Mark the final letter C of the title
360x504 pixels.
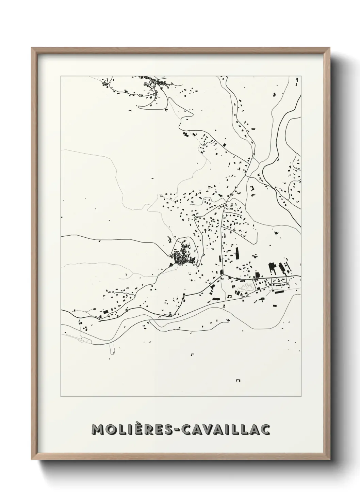tap(265, 430)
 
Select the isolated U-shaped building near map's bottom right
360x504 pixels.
tap(238, 380)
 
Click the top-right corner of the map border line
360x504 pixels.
tap(301, 76)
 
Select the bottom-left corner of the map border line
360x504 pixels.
tap(61, 397)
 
